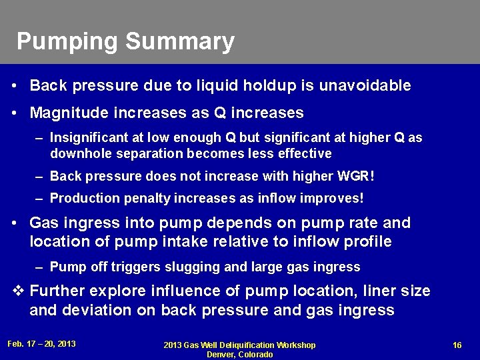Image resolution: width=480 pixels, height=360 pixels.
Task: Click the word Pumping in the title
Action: (x=67, y=42)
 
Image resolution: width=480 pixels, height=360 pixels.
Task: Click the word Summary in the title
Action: (x=179, y=42)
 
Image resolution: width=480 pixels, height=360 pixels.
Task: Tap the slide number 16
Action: (x=457, y=345)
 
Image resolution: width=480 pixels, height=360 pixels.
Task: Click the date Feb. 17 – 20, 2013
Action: (x=41, y=344)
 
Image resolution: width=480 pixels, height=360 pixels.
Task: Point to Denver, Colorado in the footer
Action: (x=239, y=355)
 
